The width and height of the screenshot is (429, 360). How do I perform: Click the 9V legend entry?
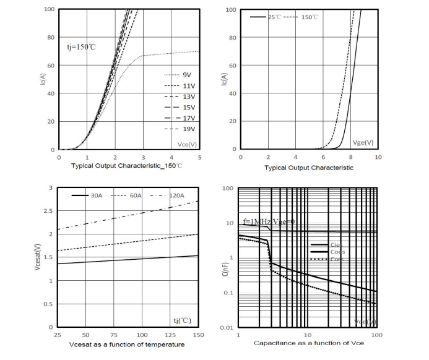pyautogui.click(x=186, y=74)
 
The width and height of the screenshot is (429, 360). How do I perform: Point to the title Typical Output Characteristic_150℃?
pyautogui.click(x=126, y=166)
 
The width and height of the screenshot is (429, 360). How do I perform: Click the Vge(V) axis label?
pyautogui.click(x=363, y=142)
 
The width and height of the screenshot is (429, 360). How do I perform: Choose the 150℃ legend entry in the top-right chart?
pyautogui.click(x=310, y=17)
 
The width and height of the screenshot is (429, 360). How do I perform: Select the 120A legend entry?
pyautogui.click(x=176, y=195)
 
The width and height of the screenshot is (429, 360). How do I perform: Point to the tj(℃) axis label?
pyautogui.click(x=183, y=320)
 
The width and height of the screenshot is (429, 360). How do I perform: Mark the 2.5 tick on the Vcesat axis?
pyautogui.click(x=48, y=211)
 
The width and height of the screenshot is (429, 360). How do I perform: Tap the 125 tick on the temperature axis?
pyautogui.click(x=170, y=335)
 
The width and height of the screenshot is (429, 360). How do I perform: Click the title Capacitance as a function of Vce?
pyautogui.click(x=308, y=343)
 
